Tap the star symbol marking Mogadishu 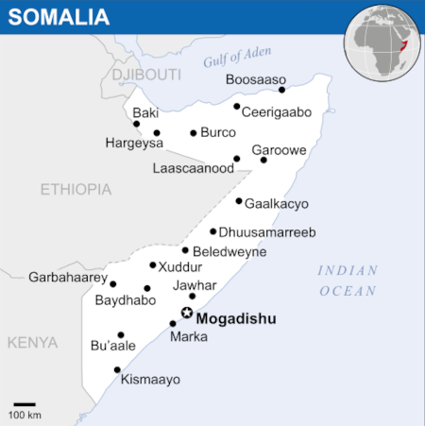(187, 313)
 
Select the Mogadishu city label (236, 319)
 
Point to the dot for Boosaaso (282, 90)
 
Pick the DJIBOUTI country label (145, 74)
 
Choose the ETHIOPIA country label (76, 189)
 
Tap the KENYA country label (32, 342)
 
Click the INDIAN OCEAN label (348, 281)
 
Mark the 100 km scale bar (25, 405)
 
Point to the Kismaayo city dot (117, 369)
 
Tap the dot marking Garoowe (263, 160)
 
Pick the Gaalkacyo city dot (239, 200)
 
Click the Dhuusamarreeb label (268, 232)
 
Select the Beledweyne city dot (185, 250)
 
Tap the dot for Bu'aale (121, 334)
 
